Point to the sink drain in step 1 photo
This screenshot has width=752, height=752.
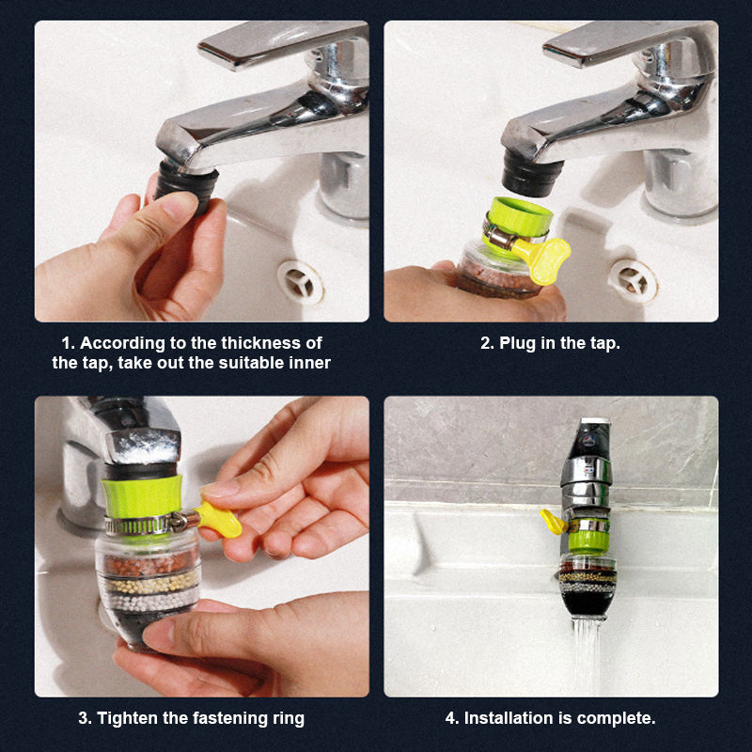(x=301, y=283)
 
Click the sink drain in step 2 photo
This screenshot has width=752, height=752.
(x=633, y=281)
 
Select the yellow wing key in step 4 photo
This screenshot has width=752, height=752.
(x=553, y=522)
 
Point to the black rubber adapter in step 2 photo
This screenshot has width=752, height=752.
(x=531, y=174)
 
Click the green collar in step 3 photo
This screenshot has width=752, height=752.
(x=142, y=496)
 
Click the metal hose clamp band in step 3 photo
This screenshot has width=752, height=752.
(x=145, y=525)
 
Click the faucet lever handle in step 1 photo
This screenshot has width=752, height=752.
(x=283, y=44)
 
